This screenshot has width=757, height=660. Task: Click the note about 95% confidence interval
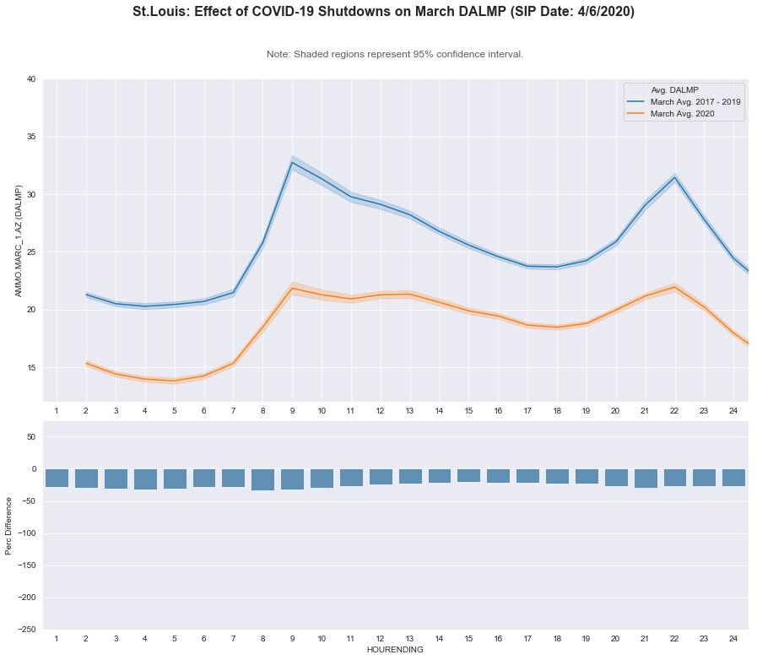pos(395,54)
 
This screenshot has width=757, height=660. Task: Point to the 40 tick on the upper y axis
pos(30,79)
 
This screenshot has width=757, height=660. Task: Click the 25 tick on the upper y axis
pos(30,252)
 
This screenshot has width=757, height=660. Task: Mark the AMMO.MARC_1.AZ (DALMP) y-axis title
pos(19,241)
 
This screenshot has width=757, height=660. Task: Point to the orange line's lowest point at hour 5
pos(175,381)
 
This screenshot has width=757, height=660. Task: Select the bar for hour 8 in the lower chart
pos(262,479)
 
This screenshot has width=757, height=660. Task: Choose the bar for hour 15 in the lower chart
pos(468,475)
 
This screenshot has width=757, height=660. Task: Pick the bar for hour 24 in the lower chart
pos(733,478)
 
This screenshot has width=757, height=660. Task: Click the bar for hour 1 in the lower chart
pos(57,478)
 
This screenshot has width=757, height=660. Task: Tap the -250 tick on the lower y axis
pos(28,630)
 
